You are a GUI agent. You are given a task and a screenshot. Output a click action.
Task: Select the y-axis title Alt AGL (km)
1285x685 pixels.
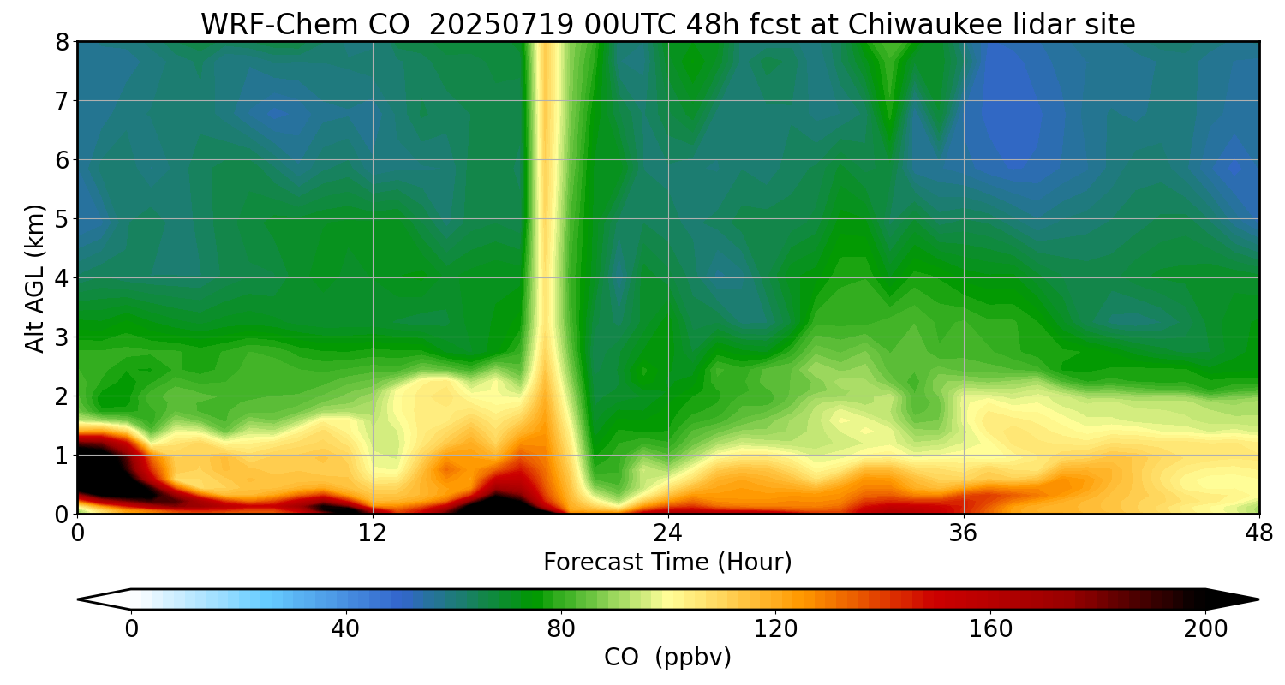(x=35, y=277)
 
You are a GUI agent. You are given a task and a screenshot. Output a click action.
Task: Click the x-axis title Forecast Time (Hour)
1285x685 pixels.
(x=667, y=563)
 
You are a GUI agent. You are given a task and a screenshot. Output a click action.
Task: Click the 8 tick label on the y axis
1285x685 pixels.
(x=62, y=42)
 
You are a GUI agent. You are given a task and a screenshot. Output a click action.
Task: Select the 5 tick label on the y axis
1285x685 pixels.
(x=62, y=219)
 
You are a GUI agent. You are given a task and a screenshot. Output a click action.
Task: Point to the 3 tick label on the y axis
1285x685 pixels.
(x=62, y=337)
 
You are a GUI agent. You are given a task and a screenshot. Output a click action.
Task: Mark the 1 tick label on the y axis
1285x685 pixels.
(x=62, y=456)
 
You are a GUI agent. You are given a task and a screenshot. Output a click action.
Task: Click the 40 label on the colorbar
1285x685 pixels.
(x=345, y=629)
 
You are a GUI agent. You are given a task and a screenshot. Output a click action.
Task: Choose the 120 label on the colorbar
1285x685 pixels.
(x=775, y=629)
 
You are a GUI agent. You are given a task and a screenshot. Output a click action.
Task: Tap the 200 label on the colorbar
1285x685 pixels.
(x=1205, y=629)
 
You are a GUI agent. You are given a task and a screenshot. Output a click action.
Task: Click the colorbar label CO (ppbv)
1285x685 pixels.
(x=667, y=658)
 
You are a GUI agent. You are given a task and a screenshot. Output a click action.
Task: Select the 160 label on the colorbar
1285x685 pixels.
(x=990, y=629)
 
